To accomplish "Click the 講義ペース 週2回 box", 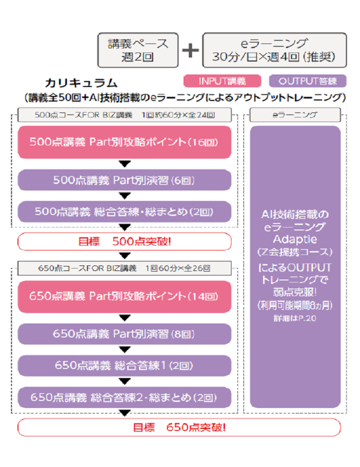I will pyautogui.click(x=137, y=50).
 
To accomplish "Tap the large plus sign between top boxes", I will pyautogui.click(x=190, y=50).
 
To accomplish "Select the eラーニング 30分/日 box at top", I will pyautogui.click(x=274, y=50).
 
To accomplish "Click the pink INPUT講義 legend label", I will pyautogui.click(x=222, y=81).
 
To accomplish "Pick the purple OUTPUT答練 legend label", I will pyautogui.click(x=307, y=81).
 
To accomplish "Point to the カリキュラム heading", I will pyautogui.click(x=81, y=82).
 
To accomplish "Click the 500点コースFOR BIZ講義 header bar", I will pyautogui.click(x=124, y=115).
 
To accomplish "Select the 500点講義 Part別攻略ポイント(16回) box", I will pyautogui.click(x=124, y=142).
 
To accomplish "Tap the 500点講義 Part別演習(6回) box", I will pyautogui.click(x=124, y=180).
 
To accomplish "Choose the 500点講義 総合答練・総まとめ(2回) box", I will pyautogui.click(x=124, y=211).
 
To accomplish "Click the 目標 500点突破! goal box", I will pyautogui.click(x=124, y=241).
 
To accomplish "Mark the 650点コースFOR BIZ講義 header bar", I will pyautogui.click(x=124, y=268).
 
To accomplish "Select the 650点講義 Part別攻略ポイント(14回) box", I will pyautogui.click(x=124, y=296).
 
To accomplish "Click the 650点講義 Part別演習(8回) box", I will pyautogui.click(x=124, y=334).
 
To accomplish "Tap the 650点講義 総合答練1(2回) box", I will pyautogui.click(x=124, y=365).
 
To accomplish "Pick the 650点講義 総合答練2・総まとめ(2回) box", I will pyautogui.click(x=124, y=397).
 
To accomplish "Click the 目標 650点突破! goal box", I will pyautogui.click(x=179, y=428).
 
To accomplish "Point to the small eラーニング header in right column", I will pyautogui.click(x=294, y=115).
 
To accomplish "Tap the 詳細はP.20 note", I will pyautogui.click(x=294, y=317).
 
